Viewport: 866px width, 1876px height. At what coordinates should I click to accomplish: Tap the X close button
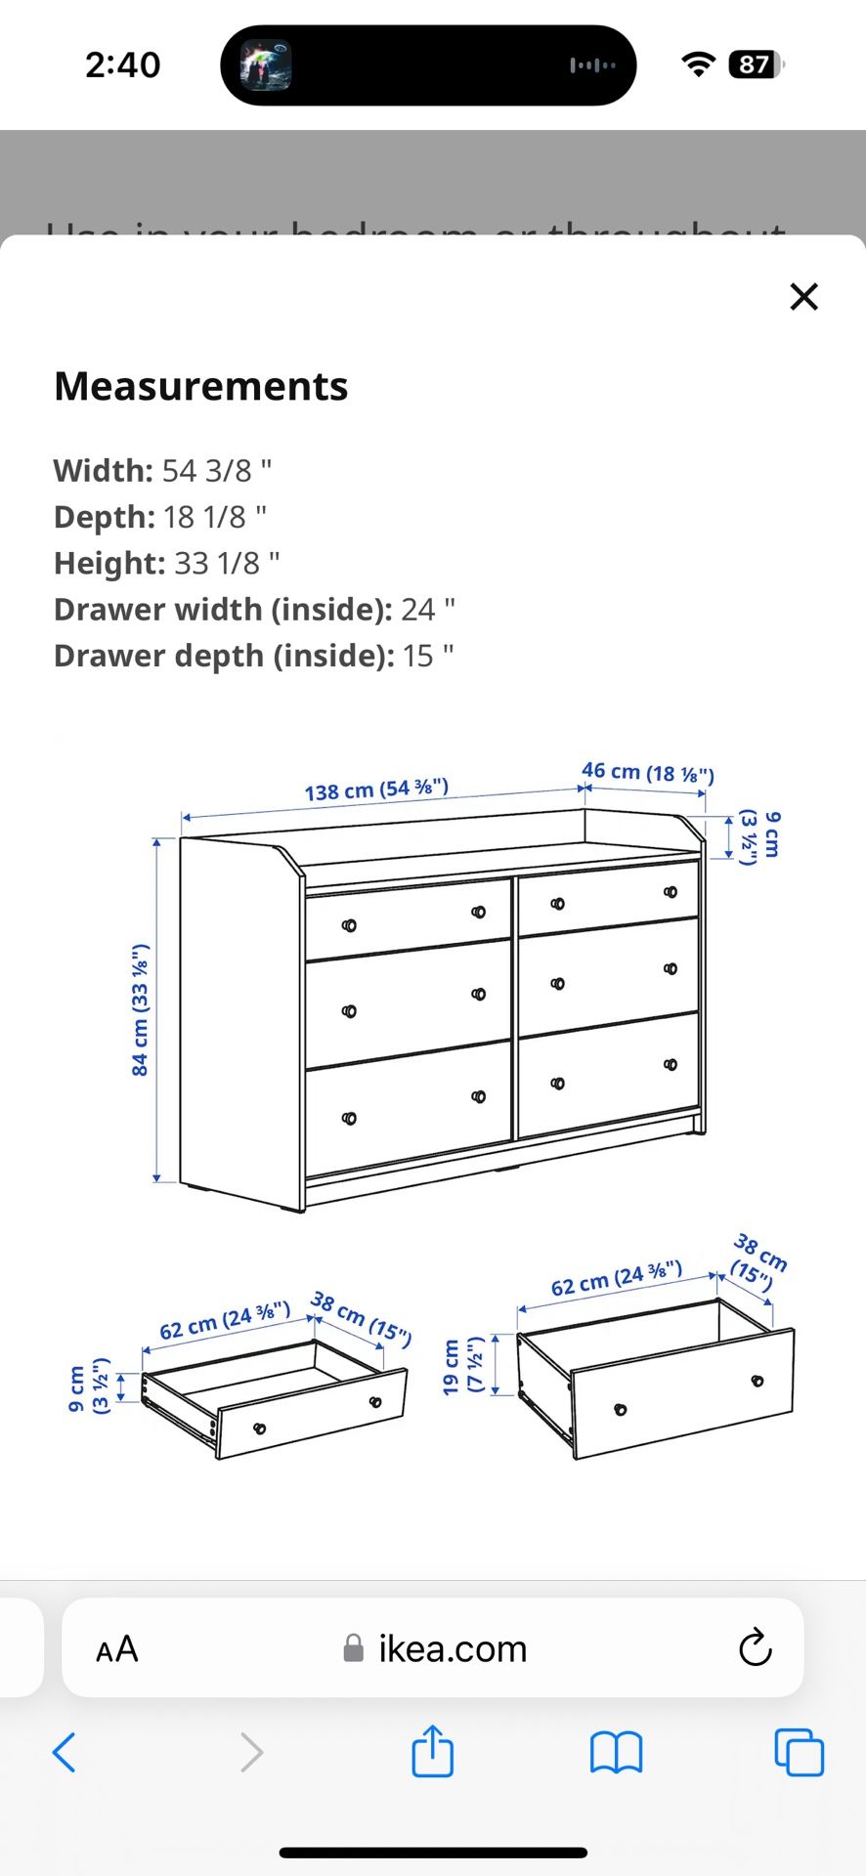pyautogui.click(x=803, y=296)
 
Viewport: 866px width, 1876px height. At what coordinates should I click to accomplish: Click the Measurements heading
pyautogui.click(x=201, y=386)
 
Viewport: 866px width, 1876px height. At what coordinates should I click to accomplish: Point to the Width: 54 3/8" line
pyautogui.click(x=163, y=471)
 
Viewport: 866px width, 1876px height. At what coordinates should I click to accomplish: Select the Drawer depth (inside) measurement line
pyautogui.click(x=254, y=656)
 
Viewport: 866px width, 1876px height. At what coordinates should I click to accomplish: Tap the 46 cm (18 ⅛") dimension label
pyautogui.click(x=648, y=773)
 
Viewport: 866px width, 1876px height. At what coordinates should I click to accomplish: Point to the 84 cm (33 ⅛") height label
pyautogui.click(x=140, y=1010)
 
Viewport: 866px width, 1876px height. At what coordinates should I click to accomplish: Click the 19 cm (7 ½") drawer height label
pyautogui.click(x=462, y=1366)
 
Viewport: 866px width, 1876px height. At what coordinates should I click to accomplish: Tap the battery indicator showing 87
pyautogui.click(x=756, y=64)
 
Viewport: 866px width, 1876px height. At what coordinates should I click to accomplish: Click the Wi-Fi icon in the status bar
pyautogui.click(x=697, y=64)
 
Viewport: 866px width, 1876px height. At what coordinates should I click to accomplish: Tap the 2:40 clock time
pyautogui.click(x=123, y=64)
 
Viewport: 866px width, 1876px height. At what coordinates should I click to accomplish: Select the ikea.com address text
pyautogui.click(x=453, y=1648)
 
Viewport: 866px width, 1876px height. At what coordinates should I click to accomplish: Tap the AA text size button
pyautogui.click(x=117, y=1648)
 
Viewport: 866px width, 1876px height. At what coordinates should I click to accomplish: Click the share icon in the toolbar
pyautogui.click(x=432, y=1751)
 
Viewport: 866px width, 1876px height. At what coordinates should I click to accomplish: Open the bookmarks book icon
pyautogui.click(x=616, y=1752)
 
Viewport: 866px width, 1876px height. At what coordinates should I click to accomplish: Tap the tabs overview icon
pyautogui.click(x=799, y=1752)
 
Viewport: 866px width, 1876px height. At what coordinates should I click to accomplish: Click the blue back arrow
pyautogui.click(x=65, y=1752)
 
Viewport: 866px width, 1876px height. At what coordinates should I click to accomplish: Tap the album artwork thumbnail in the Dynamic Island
pyautogui.click(x=267, y=65)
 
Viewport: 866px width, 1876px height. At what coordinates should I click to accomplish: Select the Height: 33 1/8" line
pyautogui.click(x=167, y=564)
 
